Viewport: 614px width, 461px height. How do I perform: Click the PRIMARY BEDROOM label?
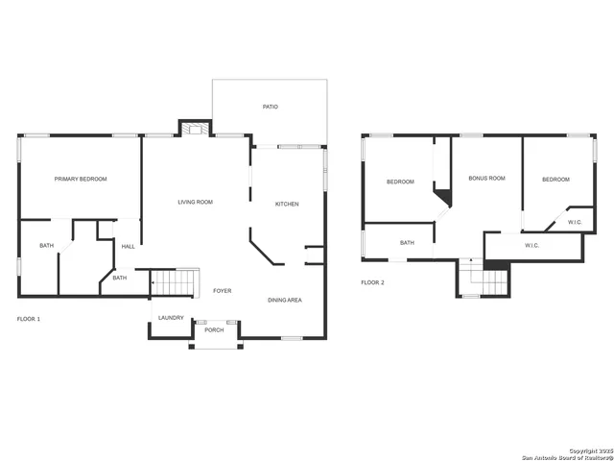(x=80, y=180)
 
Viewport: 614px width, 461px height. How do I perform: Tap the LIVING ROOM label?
(x=195, y=203)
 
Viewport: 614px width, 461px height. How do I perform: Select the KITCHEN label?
(x=287, y=205)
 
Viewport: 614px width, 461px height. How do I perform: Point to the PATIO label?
(x=271, y=107)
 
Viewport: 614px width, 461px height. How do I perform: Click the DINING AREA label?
(x=284, y=301)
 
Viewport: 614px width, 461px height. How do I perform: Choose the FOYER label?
(x=222, y=291)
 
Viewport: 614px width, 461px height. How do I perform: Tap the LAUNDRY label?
(x=171, y=318)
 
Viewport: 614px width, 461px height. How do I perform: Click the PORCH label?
(x=214, y=330)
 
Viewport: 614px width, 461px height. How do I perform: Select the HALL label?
(x=128, y=247)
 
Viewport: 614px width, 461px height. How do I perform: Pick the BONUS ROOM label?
(x=486, y=179)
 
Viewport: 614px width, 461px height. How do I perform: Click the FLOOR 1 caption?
(x=30, y=318)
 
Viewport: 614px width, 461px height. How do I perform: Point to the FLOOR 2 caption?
(x=372, y=282)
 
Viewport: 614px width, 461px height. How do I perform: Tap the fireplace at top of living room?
(x=195, y=128)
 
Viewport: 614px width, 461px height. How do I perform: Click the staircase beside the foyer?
(x=174, y=282)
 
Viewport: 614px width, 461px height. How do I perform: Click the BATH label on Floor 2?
(x=407, y=243)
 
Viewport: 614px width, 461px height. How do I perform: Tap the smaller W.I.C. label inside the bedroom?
(x=575, y=223)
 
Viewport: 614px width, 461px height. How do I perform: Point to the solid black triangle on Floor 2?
(x=443, y=198)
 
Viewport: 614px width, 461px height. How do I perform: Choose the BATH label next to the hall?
(x=119, y=279)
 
